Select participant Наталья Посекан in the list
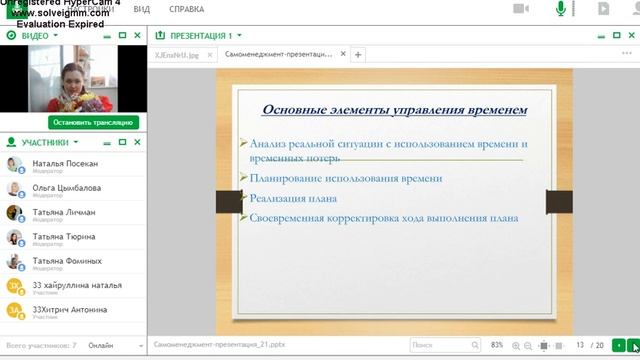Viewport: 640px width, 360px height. pyautogui.click(x=65, y=163)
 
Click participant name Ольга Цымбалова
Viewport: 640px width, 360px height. pyautogui.click(x=66, y=187)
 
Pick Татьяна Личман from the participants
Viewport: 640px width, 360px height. pyautogui.click(x=64, y=212)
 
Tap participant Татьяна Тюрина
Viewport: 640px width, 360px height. pyautogui.click(x=64, y=236)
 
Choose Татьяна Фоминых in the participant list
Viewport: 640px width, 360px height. pyautogui.click(x=67, y=261)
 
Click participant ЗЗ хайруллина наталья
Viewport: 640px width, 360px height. pyautogui.click(x=77, y=285)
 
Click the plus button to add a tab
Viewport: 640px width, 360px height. pyautogui.click(x=358, y=55)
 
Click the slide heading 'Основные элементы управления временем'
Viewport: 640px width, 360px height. pyautogui.click(x=394, y=109)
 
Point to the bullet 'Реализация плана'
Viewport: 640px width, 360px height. pyautogui.click(x=293, y=198)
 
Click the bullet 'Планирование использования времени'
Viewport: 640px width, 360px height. pyautogui.click(x=346, y=178)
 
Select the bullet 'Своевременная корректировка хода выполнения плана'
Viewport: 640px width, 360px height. pyautogui.click(x=384, y=217)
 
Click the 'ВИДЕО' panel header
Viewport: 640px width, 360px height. pyautogui.click(x=34, y=35)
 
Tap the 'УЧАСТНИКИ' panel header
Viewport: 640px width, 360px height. pyautogui.click(x=44, y=142)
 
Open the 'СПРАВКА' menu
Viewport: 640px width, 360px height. pyautogui.click(x=187, y=9)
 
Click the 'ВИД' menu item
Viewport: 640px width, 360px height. pyautogui.click(x=142, y=9)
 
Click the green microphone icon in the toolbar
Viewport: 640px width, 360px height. pyautogui.click(x=561, y=9)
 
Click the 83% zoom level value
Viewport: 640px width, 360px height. pyautogui.click(x=497, y=345)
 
